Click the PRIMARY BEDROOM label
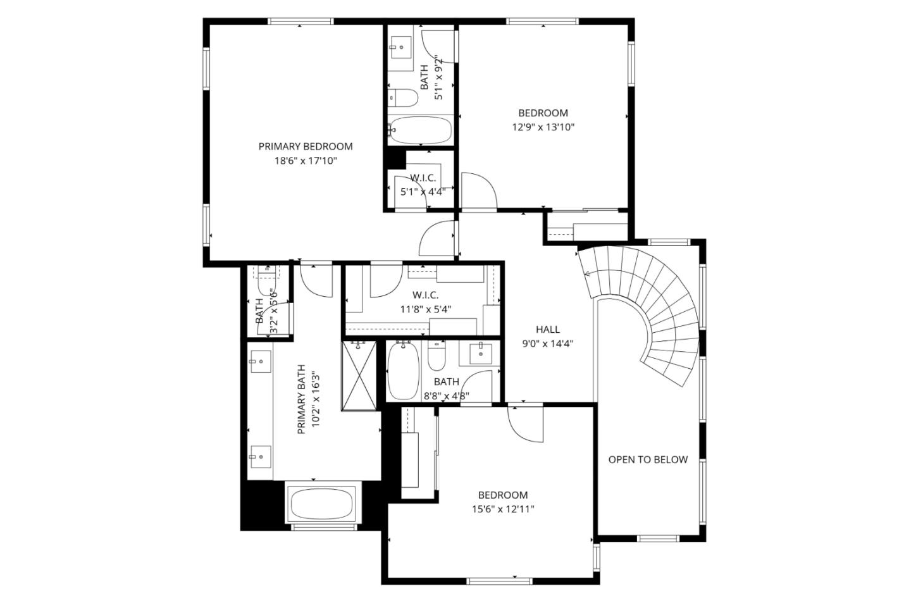pyautogui.click(x=305, y=146)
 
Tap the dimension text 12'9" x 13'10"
pyautogui.click(x=543, y=127)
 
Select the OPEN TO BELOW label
pyautogui.click(x=647, y=459)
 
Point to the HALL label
pyautogui.click(x=547, y=329)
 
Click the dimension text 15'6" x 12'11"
pyautogui.click(x=502, y=509)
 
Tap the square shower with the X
pyautogui.click(x=359, y=376)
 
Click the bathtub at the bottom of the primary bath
pyautogui.click(x=321, y=504)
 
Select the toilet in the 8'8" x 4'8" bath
pyautogui.click(x=437, y=356)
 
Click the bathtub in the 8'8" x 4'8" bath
pyautogui.click(x=402, y=371)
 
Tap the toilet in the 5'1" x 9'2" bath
pyautogui.click(x=403, y=98)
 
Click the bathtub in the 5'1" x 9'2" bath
pyautogui.click(x=420, y=130)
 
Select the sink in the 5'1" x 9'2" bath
pyautogui.click(x=400, y=46)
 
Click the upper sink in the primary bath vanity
pyautogui.click(x=259, y=362)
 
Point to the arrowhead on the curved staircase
pyautogui.click(x=586, y=273)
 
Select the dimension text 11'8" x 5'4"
pyautogui.click(x=425, y=309)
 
